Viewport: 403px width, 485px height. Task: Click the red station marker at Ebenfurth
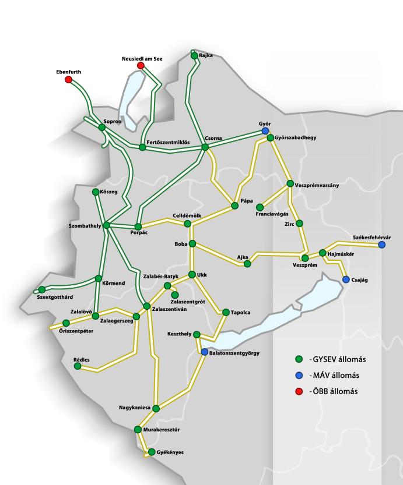[68, 79]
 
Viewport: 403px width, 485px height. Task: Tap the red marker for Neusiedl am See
[141, 66]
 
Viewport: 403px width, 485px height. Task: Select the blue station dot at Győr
[265, 131]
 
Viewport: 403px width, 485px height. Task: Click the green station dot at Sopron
[102, 127]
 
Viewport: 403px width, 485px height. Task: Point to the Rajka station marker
[195, 56]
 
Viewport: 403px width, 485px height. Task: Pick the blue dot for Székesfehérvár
[381, 245]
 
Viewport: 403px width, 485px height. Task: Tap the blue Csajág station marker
[346, 279]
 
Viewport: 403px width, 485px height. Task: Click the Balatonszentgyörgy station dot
[204, 352]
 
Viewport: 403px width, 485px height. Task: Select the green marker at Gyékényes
[152, 452]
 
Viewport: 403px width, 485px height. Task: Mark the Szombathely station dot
[106, 225]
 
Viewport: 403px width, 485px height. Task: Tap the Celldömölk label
[187, 216]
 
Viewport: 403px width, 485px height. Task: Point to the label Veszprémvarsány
[317, 186]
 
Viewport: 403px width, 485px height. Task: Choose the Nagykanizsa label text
[135, 408]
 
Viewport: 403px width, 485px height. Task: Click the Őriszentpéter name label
[68, 331]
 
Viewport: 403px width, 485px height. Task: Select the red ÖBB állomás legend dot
[299, 391]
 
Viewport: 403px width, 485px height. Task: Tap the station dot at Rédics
[78, 366]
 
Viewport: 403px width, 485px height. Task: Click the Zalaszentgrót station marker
[175, 295]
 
